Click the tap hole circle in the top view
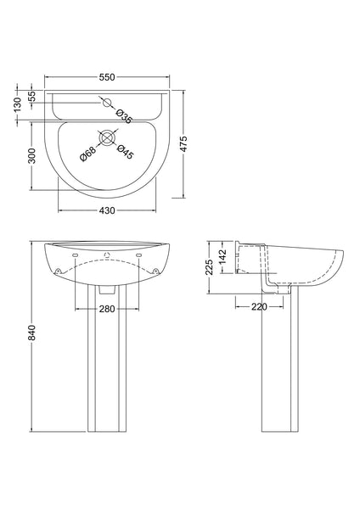(x=107, y=102)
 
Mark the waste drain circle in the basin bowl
(x=107, y=137)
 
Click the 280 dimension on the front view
(x=107, y=310)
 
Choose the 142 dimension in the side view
(x=223, y=255)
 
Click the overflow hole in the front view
(x=107, y=255)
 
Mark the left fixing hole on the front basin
(x=57, y=271)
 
